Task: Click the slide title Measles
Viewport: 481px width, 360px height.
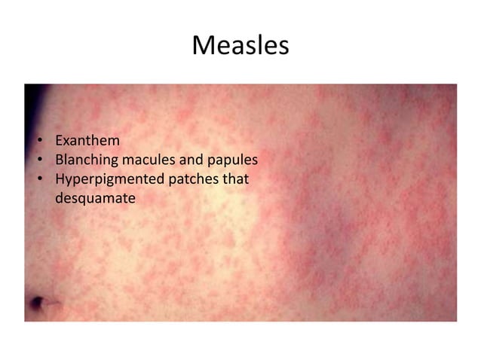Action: coord(240,46)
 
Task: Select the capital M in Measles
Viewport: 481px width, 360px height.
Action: coord(203,46)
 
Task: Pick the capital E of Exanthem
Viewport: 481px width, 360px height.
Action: coord(60,141)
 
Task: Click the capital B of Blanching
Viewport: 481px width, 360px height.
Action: coord(60,160)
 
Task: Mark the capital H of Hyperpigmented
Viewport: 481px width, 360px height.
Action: coord(60,180)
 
